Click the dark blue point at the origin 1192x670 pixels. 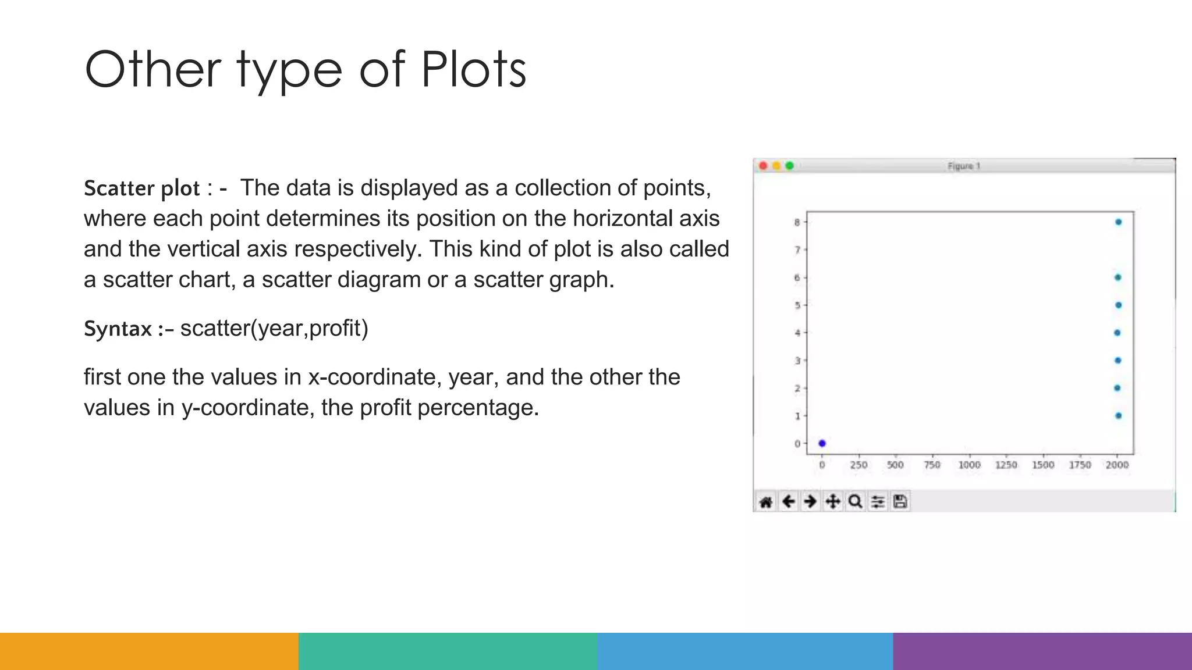822,443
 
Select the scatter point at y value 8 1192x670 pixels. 1118,222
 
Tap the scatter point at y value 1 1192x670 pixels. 1118,416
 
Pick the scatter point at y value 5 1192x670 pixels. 1118,305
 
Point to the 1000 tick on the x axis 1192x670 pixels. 970,465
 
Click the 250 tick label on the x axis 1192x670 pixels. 858,465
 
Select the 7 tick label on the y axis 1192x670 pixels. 797,250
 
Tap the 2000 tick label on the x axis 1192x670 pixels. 1117,465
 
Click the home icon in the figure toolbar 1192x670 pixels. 766,502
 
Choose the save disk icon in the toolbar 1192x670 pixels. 900,501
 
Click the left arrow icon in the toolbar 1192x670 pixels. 788,501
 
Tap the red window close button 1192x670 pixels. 763,166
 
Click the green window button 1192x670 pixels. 790,166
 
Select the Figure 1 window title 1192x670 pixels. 964,166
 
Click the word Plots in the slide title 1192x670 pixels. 473,70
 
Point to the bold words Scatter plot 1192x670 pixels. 141,188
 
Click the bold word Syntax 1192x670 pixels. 118,329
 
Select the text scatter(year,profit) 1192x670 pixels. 274,329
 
